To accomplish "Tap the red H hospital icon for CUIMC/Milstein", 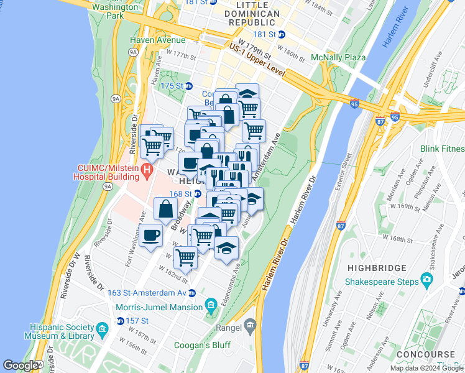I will pyautogui.click(x=147, y=169).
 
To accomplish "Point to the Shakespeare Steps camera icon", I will pyautogui.click(x=426, y=279).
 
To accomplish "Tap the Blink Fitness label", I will pyautogui.click(x=442, y=149).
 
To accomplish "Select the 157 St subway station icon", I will pyautogui.click(x=120, y=321).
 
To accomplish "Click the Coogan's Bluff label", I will pyautogui.click(x=206, y=345).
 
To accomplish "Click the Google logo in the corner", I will pyautogui.click(x=21, y=366).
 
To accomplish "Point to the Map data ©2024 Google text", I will pyautogui.click(x=427, y=368).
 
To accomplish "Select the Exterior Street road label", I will pyautogui.click(x=345, y=171).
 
